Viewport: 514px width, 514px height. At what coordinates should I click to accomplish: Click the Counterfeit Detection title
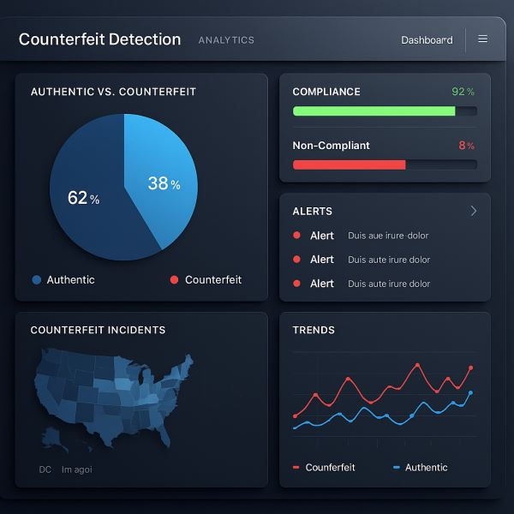coord(99,39)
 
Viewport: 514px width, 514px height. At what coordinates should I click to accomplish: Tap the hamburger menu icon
coord(483,39)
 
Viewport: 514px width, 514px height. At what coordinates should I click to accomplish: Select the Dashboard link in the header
coord(427,40)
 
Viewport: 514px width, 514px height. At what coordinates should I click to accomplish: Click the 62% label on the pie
coord(83,198)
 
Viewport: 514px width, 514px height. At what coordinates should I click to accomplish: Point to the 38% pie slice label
coord(164,183)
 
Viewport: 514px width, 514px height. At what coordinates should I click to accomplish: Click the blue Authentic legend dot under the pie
coord(37,280)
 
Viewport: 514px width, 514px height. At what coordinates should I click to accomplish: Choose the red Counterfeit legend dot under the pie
coord(174,280)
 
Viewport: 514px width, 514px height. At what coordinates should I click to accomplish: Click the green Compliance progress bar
coord(374,111)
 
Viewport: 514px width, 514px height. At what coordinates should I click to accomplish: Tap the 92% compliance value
coord(463,92)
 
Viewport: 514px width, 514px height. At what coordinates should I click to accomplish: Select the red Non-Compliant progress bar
coord(349,164)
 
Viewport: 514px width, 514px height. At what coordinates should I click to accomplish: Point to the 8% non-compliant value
coord(466,146)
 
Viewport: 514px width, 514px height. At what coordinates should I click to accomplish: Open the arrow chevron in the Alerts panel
coord(474,211)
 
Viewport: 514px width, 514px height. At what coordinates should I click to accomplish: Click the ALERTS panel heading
coord(312,211)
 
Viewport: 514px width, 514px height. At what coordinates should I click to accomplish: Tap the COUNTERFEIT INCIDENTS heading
coord(98,330)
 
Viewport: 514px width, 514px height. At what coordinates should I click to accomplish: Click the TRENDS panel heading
coord(314,330)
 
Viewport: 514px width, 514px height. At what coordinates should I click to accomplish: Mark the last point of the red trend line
coord(470,368)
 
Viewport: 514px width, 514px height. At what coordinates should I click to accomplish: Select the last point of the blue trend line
coord(470,392)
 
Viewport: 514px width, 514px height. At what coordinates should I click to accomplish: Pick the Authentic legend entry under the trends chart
coord(421,468)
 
